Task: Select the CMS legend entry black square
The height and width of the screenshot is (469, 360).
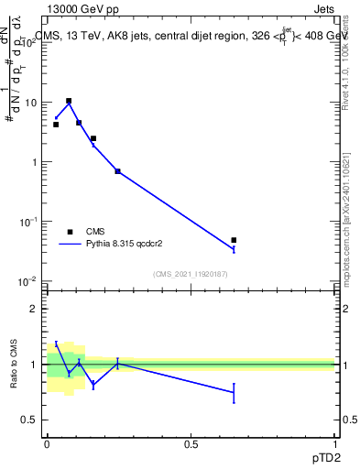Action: (x=70, y=232)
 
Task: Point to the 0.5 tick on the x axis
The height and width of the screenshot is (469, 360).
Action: (x=191, y=443)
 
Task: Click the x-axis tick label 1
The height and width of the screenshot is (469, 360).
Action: (x=335, y=443)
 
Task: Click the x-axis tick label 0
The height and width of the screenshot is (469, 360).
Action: (x=47, y=443)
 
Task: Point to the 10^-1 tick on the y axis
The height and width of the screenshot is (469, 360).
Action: (x=29, y=221)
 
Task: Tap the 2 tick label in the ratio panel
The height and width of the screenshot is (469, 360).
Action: (x=35, y=309)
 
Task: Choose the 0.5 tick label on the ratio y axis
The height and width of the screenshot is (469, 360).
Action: (x=30, y=420)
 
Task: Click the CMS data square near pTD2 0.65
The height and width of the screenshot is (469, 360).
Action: (x=235, y=240)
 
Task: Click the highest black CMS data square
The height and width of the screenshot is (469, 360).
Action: (x=69, y=101)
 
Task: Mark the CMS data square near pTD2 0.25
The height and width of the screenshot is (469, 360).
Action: (x=118, y=171)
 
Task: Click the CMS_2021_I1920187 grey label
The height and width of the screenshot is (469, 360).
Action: (x=191, y=274)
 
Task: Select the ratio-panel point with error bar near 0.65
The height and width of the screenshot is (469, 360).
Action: (x=235, y=392)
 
